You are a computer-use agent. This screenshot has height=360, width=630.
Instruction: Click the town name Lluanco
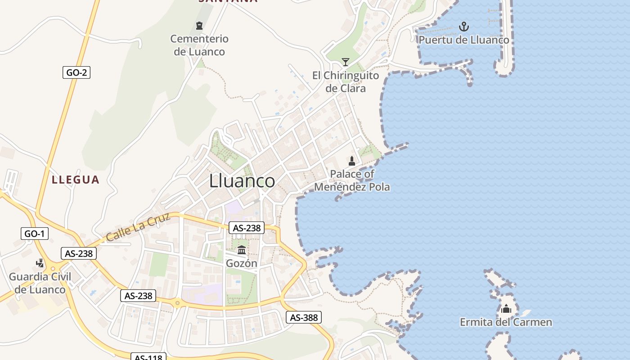point(242,181)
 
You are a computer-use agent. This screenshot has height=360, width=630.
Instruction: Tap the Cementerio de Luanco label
point(199,45)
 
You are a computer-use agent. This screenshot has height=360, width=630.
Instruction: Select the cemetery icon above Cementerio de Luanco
point(199,26)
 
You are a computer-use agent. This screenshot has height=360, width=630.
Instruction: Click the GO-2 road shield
point(76,72)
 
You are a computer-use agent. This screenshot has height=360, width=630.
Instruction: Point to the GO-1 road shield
point(35,234)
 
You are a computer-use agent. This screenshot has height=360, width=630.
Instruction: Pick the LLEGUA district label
point(76,180)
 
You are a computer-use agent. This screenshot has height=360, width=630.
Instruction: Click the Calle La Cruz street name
point(138,227)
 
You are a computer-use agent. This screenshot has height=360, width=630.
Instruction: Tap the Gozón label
point(242,264)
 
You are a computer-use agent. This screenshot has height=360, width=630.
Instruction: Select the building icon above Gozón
point(242,250)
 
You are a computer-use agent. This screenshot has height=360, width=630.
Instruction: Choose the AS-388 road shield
point(304,318)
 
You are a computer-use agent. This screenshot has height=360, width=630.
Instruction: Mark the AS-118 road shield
point(149,357)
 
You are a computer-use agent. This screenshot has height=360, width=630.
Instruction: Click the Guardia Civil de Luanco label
point(40,283)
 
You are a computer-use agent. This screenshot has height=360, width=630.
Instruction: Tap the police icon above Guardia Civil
point(40,262)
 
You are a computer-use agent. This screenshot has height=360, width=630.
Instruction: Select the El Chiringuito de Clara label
point(346,82)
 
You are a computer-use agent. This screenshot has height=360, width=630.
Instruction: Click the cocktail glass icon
point(346,62)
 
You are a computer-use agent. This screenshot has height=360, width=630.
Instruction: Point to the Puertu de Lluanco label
point(464,40)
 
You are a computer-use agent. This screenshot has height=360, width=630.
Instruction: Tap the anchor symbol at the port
point(464,27)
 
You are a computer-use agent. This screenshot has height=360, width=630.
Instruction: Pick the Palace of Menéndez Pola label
point(352,180)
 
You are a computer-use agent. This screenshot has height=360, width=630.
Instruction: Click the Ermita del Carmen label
point(506,322)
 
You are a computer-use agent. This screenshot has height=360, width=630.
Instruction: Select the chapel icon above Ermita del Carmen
point(506,309)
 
